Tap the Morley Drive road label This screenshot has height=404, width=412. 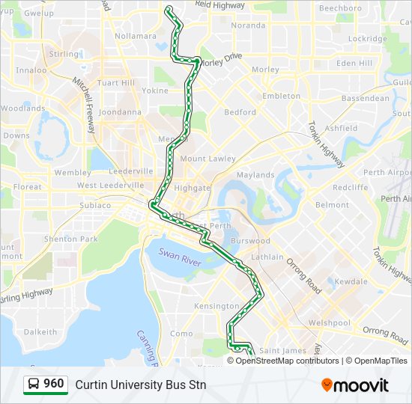[222, 57]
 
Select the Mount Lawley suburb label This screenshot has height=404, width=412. [207, 159]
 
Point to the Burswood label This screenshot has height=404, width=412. [250, 242]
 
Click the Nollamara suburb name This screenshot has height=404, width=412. [136, 35]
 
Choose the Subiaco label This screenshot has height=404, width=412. [95, 204]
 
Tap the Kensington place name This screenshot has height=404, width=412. [216, 306]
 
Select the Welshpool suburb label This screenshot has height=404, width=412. [329, 323]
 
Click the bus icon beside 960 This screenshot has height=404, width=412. [34, 385]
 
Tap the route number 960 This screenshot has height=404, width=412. [53, 384]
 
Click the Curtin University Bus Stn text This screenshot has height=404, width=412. [140, 385]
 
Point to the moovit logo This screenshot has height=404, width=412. [355, 385]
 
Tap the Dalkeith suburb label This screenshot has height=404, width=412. [40, 331]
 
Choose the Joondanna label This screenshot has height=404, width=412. [120, 112]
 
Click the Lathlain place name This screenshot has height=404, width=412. [267, 257]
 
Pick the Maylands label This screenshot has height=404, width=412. [255, 175]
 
